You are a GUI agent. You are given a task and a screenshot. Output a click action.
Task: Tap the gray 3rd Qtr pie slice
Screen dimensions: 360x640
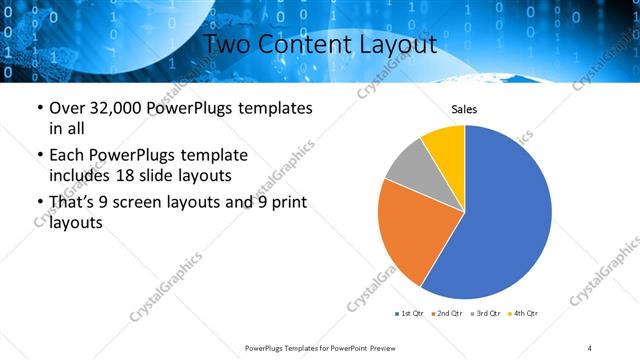[409, 165]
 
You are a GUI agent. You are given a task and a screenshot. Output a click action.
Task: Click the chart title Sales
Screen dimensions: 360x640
[464, 109]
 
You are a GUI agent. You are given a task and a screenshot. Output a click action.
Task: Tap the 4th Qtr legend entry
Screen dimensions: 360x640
[523, 314]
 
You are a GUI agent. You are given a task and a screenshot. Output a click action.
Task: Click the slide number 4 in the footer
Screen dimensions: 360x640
[590, 348]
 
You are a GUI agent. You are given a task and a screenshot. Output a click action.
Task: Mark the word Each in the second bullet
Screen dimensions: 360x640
[68, 156]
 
